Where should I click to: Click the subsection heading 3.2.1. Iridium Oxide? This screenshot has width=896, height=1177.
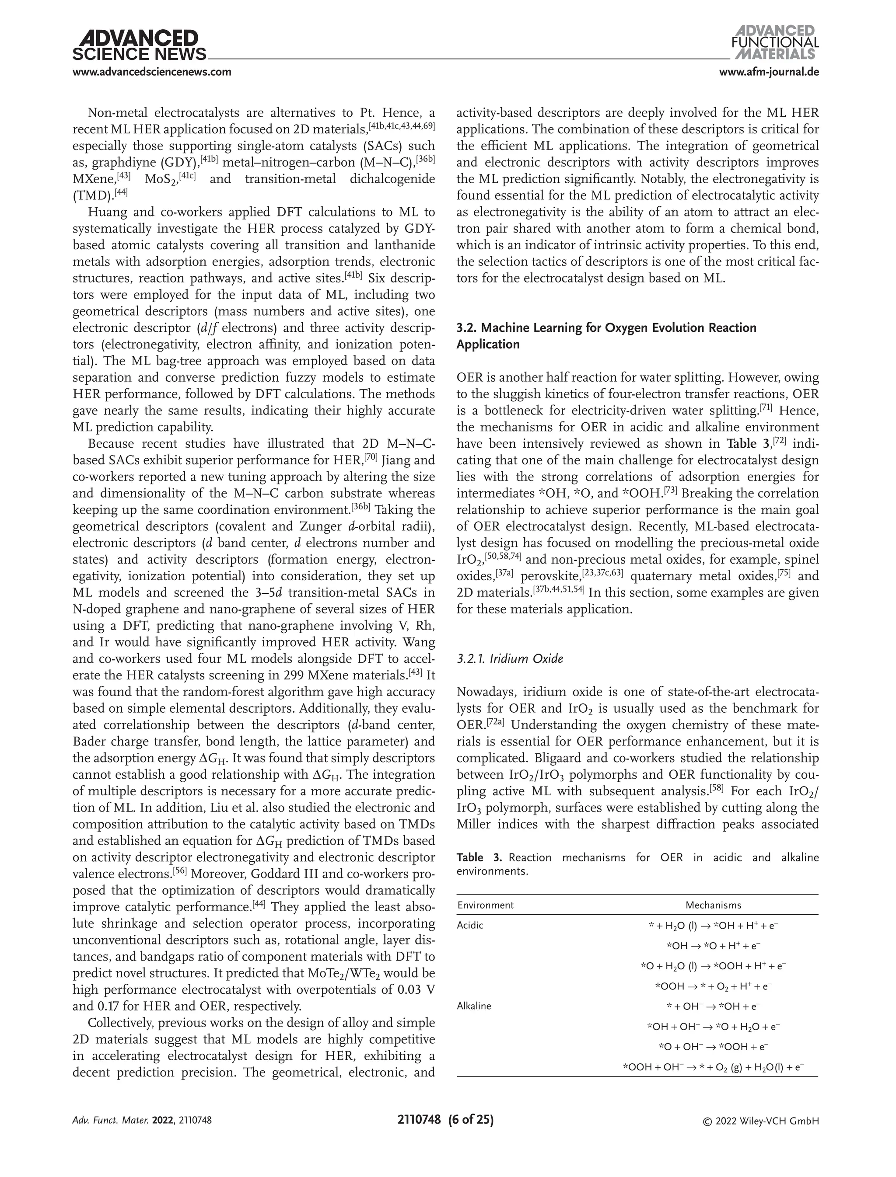(x=510, y=659)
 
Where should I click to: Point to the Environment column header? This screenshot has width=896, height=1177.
(x=485, y=905)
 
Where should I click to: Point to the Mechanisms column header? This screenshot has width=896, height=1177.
(x=713, y=905)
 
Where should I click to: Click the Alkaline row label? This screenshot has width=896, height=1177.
(x=474, y=1006)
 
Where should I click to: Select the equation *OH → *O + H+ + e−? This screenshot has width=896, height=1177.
(x=713, y=946)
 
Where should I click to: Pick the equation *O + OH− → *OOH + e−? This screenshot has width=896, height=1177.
(x=713, y=1047)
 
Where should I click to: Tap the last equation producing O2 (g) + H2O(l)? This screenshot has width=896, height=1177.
(x=713, y=1067)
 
